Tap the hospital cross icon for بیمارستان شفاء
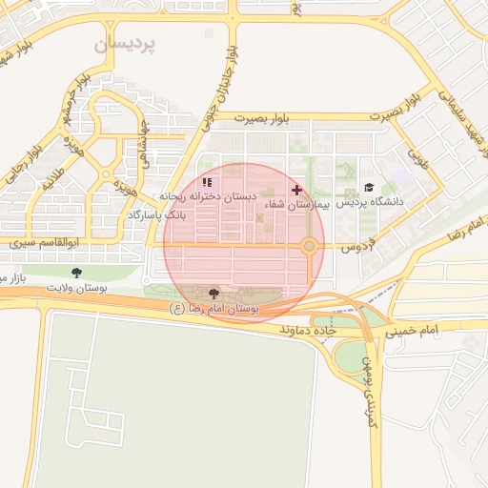(x=296, y=190)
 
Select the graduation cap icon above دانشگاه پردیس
(x=369, y=188)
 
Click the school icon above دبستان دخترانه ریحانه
(x=208, y=181)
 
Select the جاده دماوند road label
(x=310, y=329)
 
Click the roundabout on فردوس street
(x=310, y=247)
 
